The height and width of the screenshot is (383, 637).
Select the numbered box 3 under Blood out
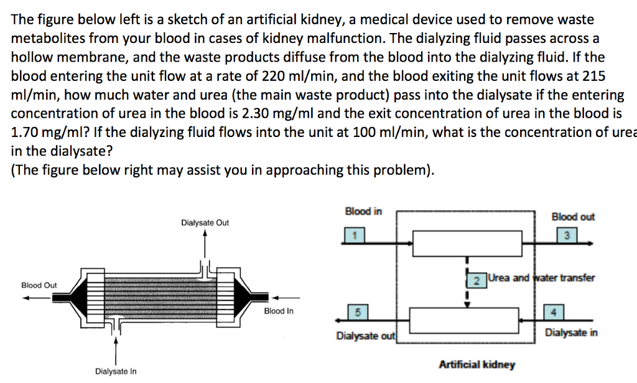pos(567,235)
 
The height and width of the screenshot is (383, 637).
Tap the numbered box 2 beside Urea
pos(476,280)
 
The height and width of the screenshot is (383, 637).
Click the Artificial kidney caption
pos(477,364)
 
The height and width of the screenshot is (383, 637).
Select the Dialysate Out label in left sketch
pos(205,222)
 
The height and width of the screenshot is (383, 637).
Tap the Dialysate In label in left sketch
pos(116,372)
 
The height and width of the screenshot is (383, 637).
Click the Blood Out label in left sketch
pos(39,285)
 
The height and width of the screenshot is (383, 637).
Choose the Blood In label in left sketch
pos(279,311)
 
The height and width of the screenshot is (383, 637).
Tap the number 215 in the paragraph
pos(593,76)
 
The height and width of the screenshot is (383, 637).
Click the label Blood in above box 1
pos(363,212)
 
